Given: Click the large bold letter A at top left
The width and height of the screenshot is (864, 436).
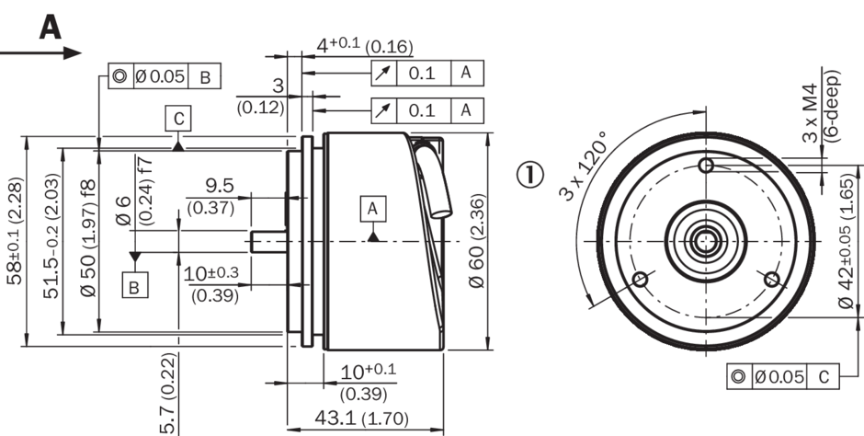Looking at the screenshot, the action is click(51, 27).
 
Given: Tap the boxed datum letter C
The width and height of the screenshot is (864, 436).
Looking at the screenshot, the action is click(178, 119).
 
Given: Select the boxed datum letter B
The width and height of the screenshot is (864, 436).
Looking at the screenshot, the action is click(134, 285).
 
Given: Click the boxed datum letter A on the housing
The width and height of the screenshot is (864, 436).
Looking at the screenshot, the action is click(373, 209).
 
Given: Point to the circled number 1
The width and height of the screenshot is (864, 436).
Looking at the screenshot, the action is click(530, 174).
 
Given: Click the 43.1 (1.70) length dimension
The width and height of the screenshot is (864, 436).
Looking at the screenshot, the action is click(361, 419).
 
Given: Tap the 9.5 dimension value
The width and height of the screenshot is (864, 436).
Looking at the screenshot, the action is click(220, 186).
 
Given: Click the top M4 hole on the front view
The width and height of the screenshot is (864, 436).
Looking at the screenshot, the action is click(706, 165).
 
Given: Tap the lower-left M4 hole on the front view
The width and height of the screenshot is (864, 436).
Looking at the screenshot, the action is click(640, 280).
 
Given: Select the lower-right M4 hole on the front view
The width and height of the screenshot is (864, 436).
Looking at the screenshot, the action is click(772, 280).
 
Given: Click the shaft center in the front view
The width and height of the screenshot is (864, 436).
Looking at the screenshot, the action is click(706, 241).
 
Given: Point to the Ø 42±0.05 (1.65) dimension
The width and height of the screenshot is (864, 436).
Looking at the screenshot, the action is click(846, 240).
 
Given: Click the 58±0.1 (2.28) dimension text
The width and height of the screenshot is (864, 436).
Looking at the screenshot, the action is click(15, 230).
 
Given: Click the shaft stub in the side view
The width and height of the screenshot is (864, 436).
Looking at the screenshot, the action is click(268, 241).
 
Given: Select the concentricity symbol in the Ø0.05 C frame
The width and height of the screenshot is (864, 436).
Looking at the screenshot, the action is click(738, 376).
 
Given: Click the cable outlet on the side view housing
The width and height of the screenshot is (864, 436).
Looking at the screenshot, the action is click(434, 181).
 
